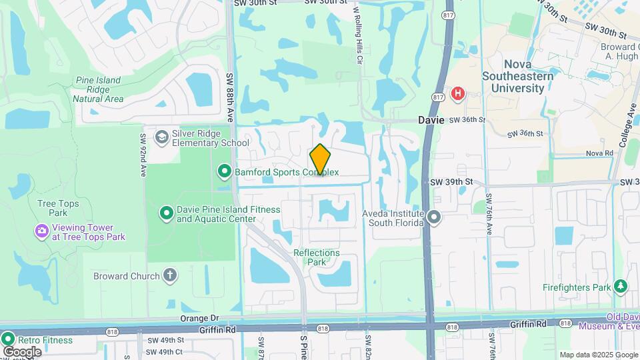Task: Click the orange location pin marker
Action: (x=320, y=159)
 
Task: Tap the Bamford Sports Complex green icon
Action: (x=225, y=173)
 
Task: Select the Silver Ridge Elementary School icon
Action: (x=161, y=137)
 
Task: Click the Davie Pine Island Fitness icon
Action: (x=166, y=213)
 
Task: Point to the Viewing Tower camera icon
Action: (x=41, y=231)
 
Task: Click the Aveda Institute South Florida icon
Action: (x=435, y=217)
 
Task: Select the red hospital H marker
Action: (x=457, y=93)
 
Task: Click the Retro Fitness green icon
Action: (x=9, y=340)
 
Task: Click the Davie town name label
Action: (x=431, y=120)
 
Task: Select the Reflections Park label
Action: (x=317, y=257)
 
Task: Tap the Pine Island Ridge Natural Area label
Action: (x=98, y=89)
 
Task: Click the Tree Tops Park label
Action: (x=58, y=208)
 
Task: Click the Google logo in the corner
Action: (x=22, y=351)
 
